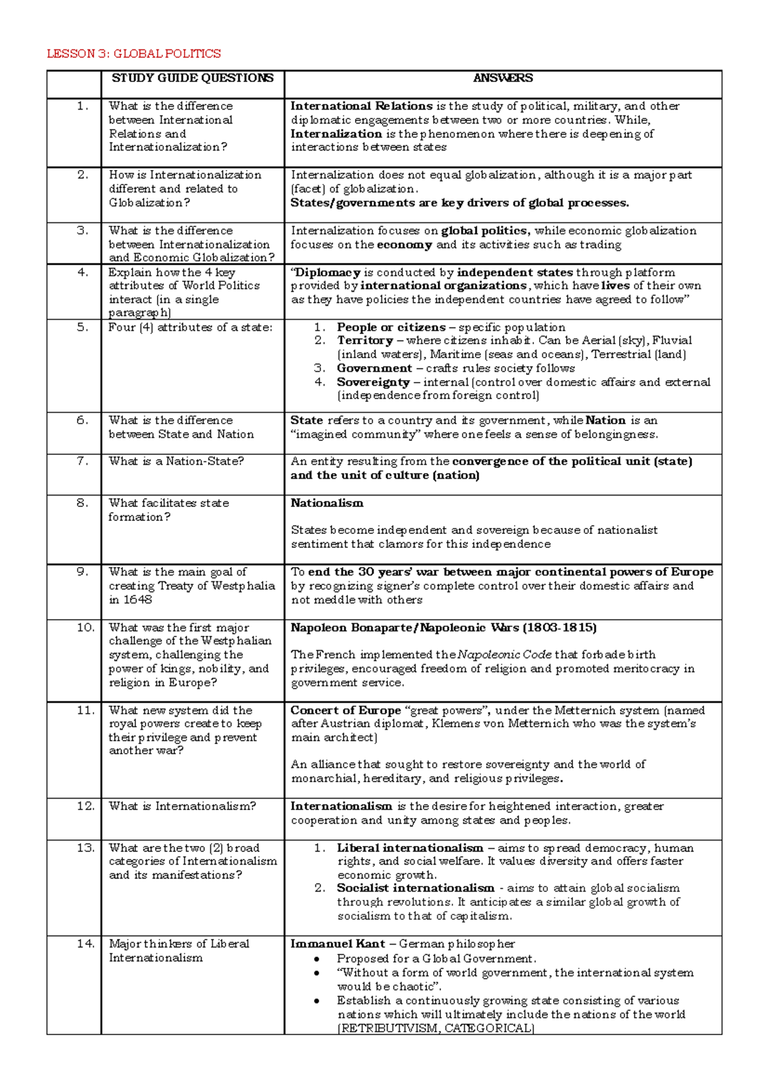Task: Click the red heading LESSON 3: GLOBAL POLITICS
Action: pos(133,54)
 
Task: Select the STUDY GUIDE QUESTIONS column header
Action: pos(192,78)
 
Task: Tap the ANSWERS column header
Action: pos(503,78)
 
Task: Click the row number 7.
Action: pos(82,461)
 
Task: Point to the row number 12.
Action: pos(85,806)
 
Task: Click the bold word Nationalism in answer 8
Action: pos(327,503)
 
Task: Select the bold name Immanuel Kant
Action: pos(338,944)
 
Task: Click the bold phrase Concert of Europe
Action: pos(345,710)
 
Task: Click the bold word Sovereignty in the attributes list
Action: pos(373,382)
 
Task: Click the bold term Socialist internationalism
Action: pos(415,888)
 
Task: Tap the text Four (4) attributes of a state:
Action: pos(190,328)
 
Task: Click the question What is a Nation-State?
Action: pos(176,461)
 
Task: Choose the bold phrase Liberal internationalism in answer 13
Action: pos(410,848)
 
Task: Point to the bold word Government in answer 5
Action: pos(374,369)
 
